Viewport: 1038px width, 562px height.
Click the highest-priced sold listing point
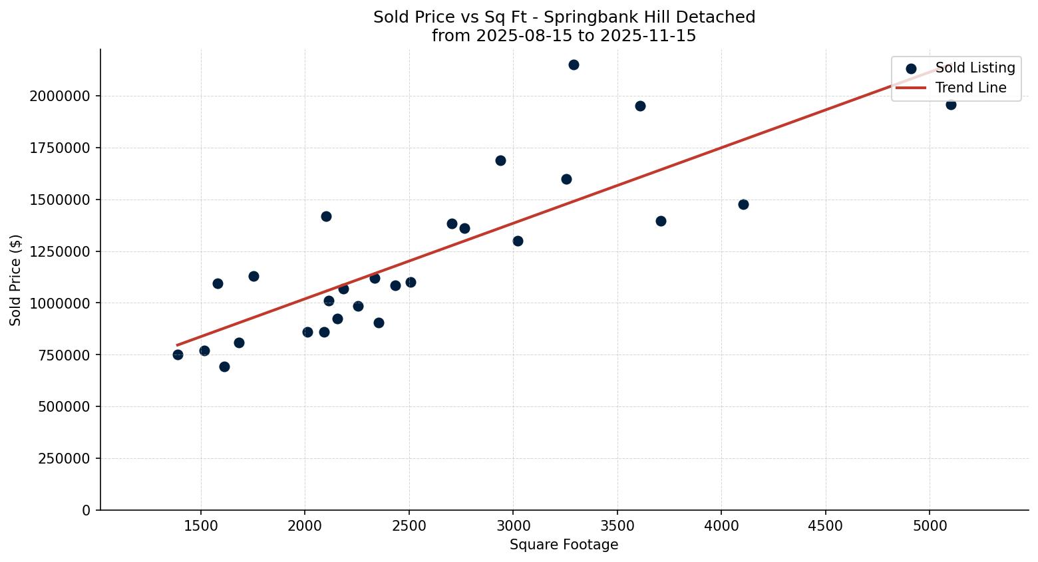[574, 65]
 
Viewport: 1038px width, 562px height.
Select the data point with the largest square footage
[951, 104]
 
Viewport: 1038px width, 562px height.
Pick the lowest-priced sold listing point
[224, 366]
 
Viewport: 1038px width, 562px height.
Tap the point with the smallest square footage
[178, 354]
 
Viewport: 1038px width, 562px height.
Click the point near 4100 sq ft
[743, 204]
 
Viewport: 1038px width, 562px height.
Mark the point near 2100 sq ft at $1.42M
[326, 216]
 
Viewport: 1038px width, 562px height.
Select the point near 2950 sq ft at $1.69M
[500, 160]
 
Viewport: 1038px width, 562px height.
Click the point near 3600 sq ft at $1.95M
[640, 106]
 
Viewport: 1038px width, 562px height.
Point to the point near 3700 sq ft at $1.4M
[661, 221]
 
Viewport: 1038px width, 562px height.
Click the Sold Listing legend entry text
[975, 68]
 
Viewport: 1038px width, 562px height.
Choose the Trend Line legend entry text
[971, 88]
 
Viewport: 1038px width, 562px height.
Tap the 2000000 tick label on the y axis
[60, 96]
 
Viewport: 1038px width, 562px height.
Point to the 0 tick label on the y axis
[86, 511]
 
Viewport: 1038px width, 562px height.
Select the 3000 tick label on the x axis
[513, 526]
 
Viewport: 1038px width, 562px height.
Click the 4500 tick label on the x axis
[826, 526]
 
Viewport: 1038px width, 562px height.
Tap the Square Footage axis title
[564, 545]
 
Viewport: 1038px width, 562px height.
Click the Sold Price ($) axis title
[16, 280]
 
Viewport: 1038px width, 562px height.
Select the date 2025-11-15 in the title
[647, 36]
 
